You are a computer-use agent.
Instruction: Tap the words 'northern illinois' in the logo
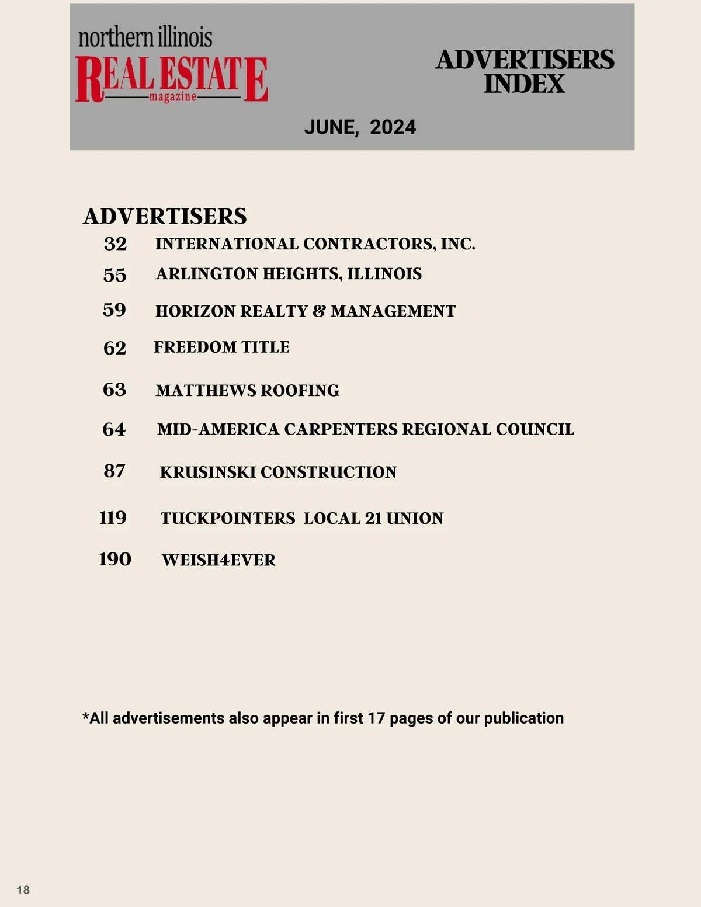pyautogui.click(x=145, y=37)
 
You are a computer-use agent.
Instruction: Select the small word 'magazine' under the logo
pyautogui.click(x=172, y=96)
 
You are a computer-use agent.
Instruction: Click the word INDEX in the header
pyautogui.click(x=524, y=84)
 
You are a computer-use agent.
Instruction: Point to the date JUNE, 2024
pyautogui.click(x=360, y=127)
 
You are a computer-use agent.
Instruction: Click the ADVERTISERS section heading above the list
pyautogui.click(x=165, y=216)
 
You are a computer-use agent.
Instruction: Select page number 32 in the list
pyautogui.click(x=115, y=244)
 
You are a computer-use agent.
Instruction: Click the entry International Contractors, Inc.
pyautogui.click(x=315, y=244)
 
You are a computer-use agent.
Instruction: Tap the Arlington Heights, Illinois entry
pyautogui.click(x=289, y=274)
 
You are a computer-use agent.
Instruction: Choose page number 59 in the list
pyautogui.click(x=114, y=310)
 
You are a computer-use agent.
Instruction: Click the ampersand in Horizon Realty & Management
pyautogui.click(x=319, y=311)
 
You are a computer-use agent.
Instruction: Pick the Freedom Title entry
pyautogui.click(x=221, y=347)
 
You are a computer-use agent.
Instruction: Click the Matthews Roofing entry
pyautogui.click(x=247, y=390)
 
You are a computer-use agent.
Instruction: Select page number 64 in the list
pyautogui.click(x=114, y=429)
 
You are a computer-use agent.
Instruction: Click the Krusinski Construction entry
pyautogui.click(x=278, y=472)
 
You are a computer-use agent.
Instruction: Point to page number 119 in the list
pyautogui.click(x=113, y=517)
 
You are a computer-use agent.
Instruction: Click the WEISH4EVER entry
pyautogui.click(x=218, y=560)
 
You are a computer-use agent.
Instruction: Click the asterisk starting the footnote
pyautogui.click(x=86, y=717)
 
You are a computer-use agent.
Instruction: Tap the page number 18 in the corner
pyautogui.click(x=23, y=889)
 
